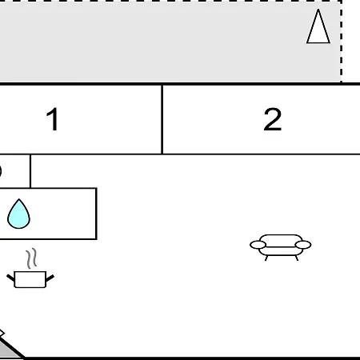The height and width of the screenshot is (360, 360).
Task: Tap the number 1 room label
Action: [x=53, y=119]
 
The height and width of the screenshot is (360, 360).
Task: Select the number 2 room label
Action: [x=272, y=119]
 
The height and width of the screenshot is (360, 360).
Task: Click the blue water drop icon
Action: [x=18, y=214]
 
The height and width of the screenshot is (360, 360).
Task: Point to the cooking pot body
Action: [x=30, y=279]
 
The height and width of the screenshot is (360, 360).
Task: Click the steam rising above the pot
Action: [x=31, y=258]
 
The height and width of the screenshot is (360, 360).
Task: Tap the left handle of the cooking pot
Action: [x=10, y=278]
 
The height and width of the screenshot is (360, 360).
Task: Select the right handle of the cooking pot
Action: [x=50, y=278]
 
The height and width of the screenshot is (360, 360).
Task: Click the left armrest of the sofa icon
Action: [x=258, y=245]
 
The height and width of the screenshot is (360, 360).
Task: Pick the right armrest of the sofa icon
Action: [x=303, y=245]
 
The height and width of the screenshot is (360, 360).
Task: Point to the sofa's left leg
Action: [x=266, y=258]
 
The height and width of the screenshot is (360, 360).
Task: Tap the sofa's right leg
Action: [x=297, y=258]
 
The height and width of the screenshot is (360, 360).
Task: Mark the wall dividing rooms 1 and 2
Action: [x=162, y=119]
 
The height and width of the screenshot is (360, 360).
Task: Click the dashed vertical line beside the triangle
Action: [x=341, y=42]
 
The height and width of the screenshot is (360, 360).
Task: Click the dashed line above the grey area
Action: [x=170, y=1]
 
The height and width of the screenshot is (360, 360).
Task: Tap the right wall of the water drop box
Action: [x=96, y=214]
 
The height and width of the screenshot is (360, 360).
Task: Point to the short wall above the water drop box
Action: [x=30, y=171]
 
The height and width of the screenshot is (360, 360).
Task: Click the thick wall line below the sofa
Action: [x=192, y=358]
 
